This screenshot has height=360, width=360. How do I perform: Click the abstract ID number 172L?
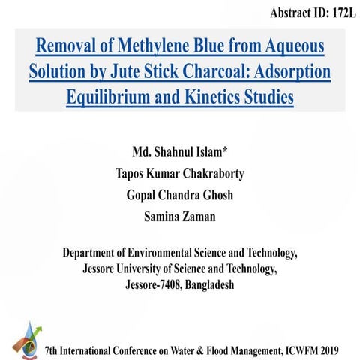pyautogui.click(x=336, y=13)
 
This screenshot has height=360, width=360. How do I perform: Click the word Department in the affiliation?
pyautogui.click(x=97, y=253)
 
